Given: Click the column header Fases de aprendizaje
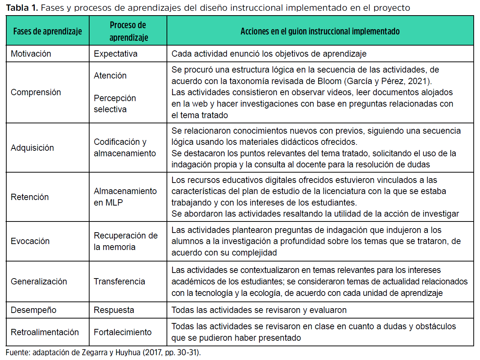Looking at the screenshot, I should coord(47,31).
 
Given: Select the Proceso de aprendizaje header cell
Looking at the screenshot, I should coord(128,31).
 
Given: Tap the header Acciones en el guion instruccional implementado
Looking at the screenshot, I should coord(320,31).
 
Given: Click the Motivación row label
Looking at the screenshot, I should coord(31,54).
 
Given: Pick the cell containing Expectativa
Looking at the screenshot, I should coord(115,54).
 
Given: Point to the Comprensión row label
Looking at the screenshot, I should coord(36,92).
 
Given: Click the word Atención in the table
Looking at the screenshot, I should coord(110,76).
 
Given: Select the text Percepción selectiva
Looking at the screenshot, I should coord(115,104).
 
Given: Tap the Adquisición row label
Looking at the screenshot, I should coord(33,148).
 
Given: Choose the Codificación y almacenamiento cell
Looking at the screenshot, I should coord(125,147).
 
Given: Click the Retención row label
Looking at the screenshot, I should coord(30,197).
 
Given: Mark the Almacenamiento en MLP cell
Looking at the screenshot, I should coord(125,197).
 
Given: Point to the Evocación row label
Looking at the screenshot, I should coord(30,241).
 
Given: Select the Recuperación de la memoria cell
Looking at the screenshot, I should coord(125,241).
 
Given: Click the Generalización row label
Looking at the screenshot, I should coord(39,281).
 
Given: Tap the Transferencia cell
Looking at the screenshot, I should coord(119,281).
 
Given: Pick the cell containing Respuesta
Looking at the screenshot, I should coord(114,310).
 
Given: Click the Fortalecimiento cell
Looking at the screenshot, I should coord(122,332).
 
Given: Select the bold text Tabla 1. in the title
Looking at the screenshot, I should coord(22,8).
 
